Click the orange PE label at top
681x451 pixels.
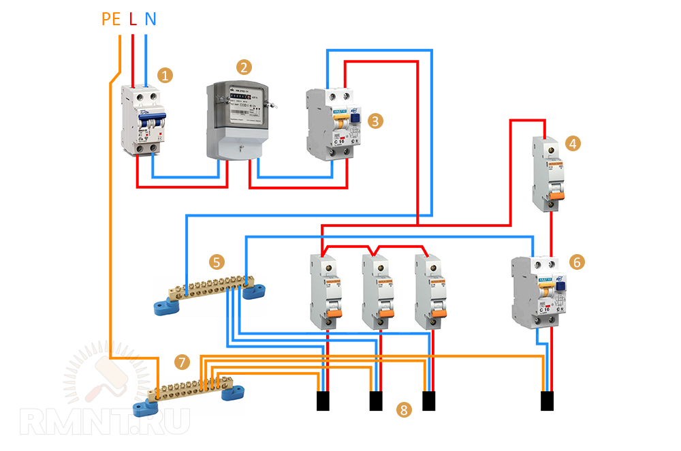110,19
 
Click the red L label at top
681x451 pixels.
133,19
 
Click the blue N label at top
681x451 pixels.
150,19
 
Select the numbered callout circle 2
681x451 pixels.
243,67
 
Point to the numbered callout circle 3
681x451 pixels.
375,121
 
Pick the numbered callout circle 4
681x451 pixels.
574,144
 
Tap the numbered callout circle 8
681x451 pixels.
405,409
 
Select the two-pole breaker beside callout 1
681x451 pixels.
144,121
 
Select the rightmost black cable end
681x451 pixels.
547,401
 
